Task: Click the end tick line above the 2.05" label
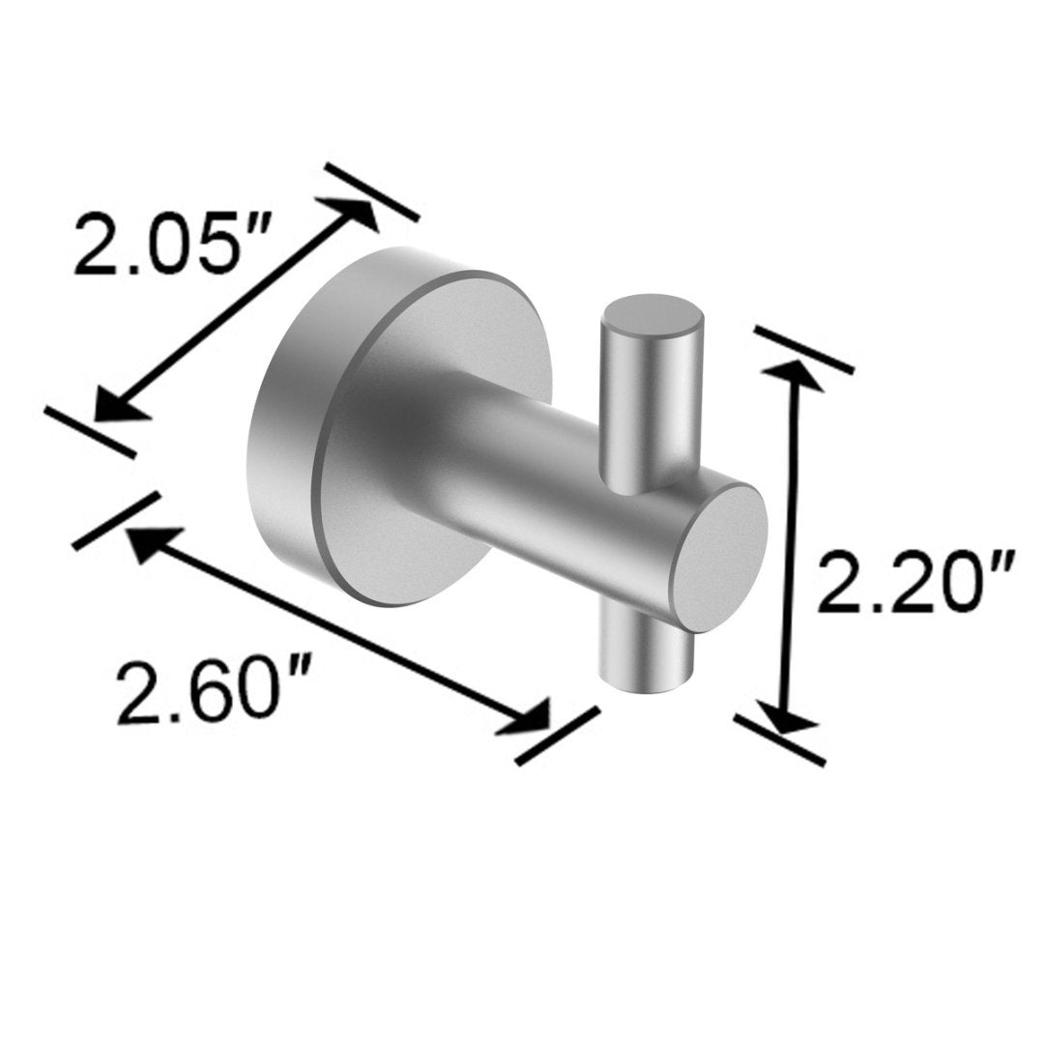tap(372, 192)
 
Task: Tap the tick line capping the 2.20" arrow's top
tap(803, 349)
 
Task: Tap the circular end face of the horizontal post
tap(720, 556)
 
